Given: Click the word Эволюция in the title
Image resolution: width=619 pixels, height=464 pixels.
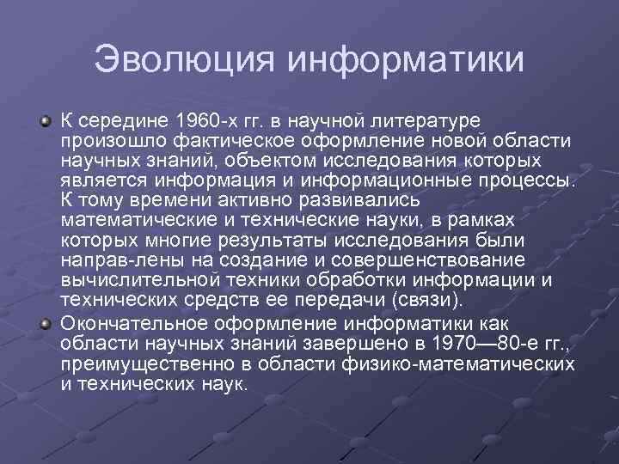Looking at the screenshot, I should (185, 59).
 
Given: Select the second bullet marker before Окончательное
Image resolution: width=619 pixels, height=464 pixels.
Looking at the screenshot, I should (46, 322).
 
